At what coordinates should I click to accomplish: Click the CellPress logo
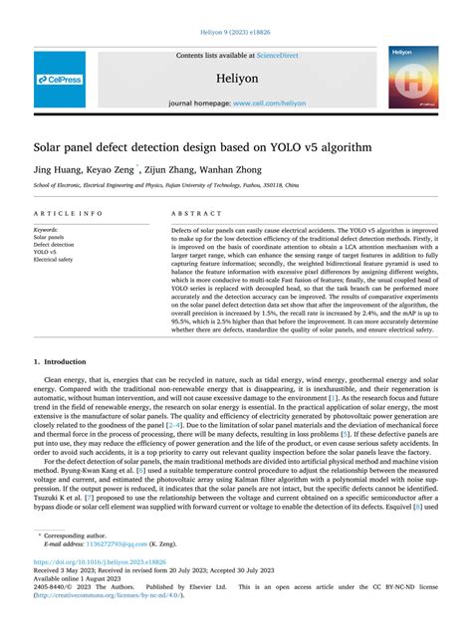click(x=60, y=80)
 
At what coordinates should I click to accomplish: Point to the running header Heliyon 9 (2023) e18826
click(x=236, y=31)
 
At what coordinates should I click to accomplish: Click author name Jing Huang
click(x=58, y=170)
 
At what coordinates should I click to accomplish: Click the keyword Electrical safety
click(x=53, y=259)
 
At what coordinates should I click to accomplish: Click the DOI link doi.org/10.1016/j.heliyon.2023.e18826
click(x=112, y=562)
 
